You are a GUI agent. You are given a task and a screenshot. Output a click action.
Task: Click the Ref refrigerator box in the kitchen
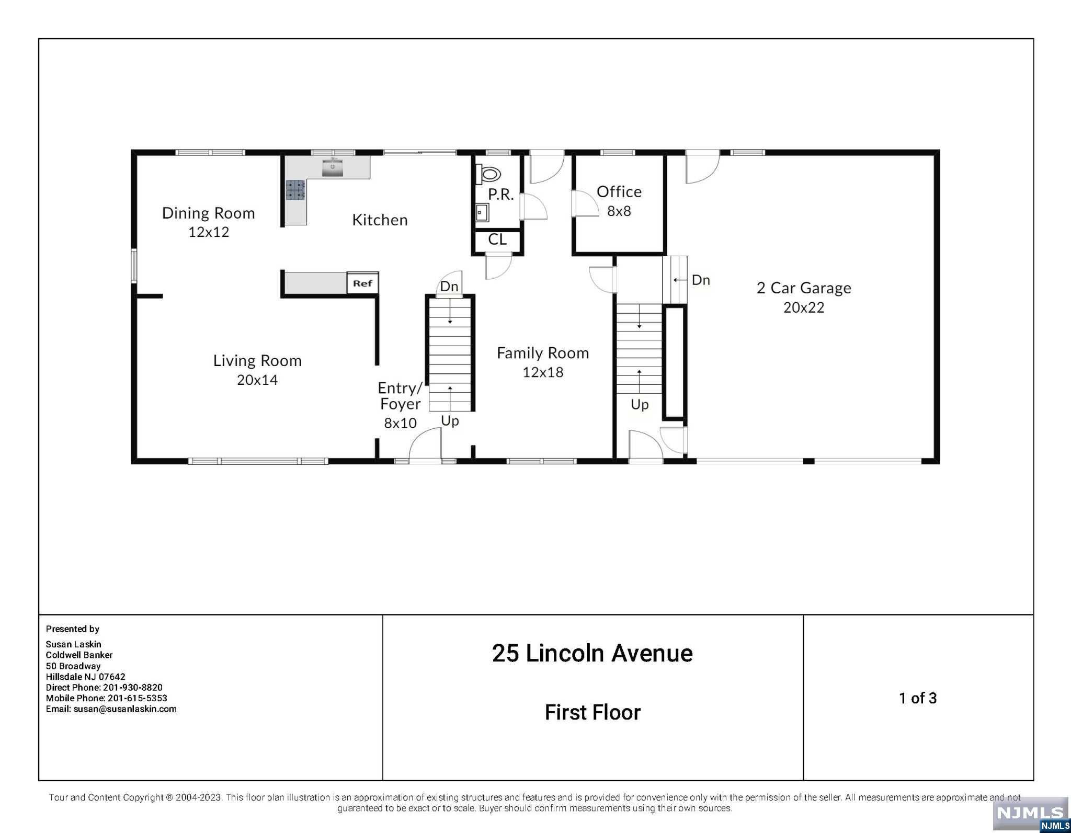click(362, 283)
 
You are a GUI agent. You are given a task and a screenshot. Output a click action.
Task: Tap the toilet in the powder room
click(487, 174)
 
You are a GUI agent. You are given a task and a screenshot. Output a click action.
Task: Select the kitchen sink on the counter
click(332, 168)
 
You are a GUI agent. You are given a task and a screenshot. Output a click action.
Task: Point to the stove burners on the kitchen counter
click(295, 190)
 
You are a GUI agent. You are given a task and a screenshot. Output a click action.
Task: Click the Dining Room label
click(208, 213)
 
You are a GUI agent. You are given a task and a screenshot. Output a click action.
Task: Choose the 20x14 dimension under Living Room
click(257, 380)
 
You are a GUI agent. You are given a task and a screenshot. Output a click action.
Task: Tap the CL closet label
click(497, 239)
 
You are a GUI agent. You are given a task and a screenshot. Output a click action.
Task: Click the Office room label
click(619, 192)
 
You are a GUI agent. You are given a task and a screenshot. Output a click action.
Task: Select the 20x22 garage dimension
click(804, 307)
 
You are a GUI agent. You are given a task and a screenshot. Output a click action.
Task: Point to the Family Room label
click(543, 353)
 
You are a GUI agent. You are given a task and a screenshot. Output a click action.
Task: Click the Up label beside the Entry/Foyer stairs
click(450, 421)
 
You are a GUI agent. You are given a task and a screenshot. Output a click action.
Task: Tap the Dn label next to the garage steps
click(701, 280)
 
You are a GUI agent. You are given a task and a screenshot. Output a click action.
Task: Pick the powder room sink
click(482, 213)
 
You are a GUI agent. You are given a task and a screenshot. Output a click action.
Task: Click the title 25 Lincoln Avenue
click(593, 654)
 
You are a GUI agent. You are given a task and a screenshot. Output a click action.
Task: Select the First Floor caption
click(593, 712)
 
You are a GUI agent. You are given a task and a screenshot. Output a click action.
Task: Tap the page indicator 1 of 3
click(918, 698)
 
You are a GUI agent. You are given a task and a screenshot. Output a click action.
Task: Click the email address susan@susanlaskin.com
click(125, 709)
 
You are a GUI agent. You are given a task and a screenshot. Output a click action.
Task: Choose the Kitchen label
click(380, 220)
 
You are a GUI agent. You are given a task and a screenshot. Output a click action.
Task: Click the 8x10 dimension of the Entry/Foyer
click(400, 423)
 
